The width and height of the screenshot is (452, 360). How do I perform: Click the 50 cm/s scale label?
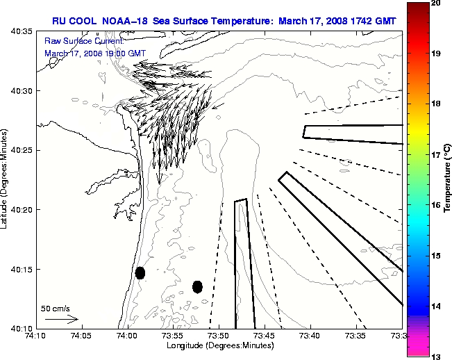pyautogui.click(x=55, y=308)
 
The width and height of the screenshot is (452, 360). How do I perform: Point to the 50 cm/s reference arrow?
pyautogui.click(x=62, y=319)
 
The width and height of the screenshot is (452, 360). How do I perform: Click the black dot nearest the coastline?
pyautogui.click(x=140, y=272)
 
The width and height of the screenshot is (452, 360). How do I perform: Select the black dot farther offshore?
pyautogui.click(x=197, y=286)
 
